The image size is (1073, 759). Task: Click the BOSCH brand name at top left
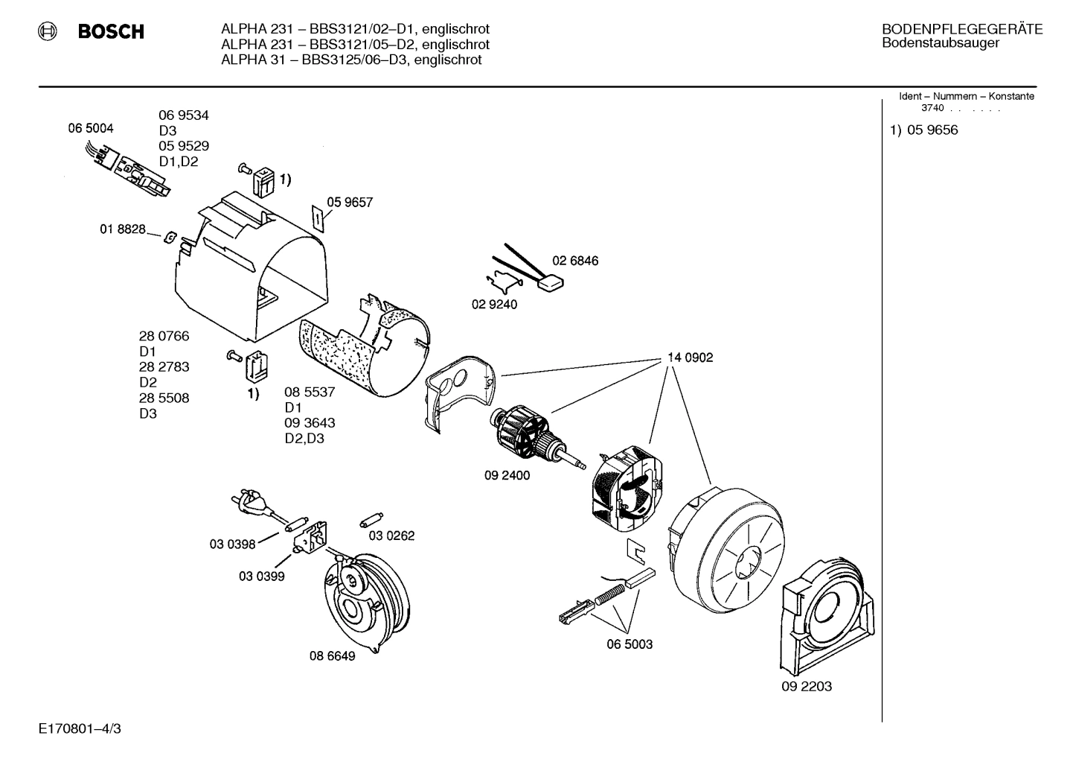pyautogui.click(x=110, y=32)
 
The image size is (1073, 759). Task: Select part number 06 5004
pyautogui.click(x=91, y=128)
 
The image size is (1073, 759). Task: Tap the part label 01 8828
pyautogui.click(x=123, y=229)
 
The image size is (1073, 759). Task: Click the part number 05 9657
pyautogui.click(x=349, y=202)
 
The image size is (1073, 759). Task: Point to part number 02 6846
pyautogui.click(x=574, y=261)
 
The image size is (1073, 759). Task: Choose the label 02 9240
pyautogui.click(x=494, y=304)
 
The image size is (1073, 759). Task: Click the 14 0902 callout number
pyautogui.click(x=690, y=358)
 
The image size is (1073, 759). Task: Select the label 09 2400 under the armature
pyautogui.click(x=507, y=475)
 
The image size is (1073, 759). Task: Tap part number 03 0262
pyautogui.click(x=391, y=536)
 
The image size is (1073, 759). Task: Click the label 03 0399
pyautogui.click(x=261, y=576)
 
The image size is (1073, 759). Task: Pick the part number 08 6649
pyautogui.click(x=332, y=656)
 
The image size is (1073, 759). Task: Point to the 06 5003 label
pyautogui.click(x=630, y=644)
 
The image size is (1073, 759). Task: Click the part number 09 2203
pyautogui.click(x=807, y=686)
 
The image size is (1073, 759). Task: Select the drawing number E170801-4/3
pyautogui.click(x=80, y=728)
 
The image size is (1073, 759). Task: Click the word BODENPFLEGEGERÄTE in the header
pyautogui.click(x=962, y=30)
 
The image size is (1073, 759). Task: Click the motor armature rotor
pyautogui.click(x=525, y=433)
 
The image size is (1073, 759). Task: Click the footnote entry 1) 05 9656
pyautogui.click(x=924, y=130)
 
